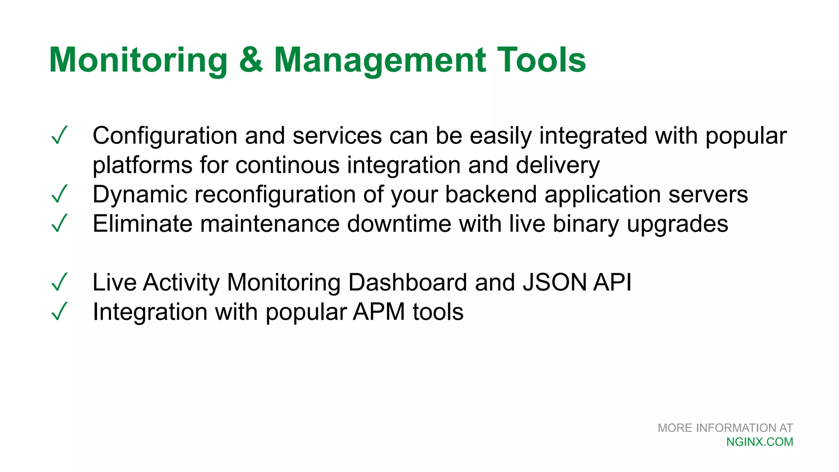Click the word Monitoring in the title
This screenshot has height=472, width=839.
click(x=138, y=60)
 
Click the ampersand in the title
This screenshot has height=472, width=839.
click(x=251, y=60)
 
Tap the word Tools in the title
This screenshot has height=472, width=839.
click(x=541, y=60)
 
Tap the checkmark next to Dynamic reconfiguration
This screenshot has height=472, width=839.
click(x=59, y=194)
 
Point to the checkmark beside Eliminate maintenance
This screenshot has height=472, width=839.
click(x=59, y=224)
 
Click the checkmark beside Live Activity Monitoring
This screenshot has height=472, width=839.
click(x=59, y=282)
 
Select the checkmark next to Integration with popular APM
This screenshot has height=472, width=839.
click(x=59, y=312)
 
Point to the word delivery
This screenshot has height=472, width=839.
click(x=558, y=166)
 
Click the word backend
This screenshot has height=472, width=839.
click(x=490, y=194)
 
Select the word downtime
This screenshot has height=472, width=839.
click(x=399, y=224)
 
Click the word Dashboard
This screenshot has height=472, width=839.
click(x=407, y=282)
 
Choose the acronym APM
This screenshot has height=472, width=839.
click(x=379, y=312)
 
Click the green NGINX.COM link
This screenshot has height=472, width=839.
click(x=760, y=442)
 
